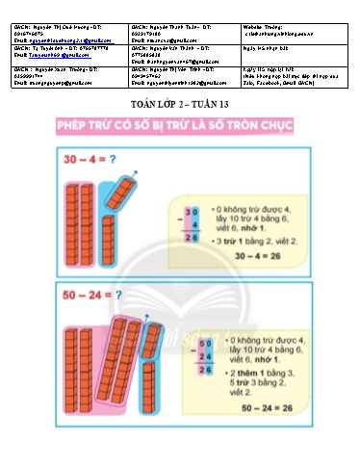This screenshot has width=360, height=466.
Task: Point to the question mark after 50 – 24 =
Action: pyautogui.click(x=106, y=294)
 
